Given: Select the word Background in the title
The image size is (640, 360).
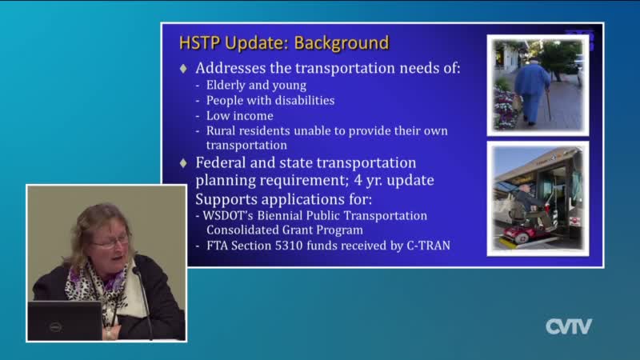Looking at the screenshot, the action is tap(342, 43).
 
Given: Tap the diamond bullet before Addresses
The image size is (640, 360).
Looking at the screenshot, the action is tap(183, 69).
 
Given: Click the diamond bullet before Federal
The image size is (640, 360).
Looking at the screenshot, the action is tap(183, 163).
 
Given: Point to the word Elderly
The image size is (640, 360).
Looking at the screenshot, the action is tap(225, 86).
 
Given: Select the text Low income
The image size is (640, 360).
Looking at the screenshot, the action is tap(239, 116).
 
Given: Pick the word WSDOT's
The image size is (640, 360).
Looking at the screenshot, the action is tap(228, 215).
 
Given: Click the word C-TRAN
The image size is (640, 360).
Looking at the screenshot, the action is tap(429, 246).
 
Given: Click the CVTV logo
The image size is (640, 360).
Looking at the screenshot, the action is tap(569, 326).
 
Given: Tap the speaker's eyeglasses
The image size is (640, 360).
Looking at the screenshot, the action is tap(110, 242).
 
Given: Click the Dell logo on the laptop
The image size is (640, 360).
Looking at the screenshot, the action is tap(55, 327).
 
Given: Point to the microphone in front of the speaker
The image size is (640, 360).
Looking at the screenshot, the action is tap(143, 302).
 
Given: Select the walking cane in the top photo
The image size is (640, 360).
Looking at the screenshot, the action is tap(549, 105).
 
